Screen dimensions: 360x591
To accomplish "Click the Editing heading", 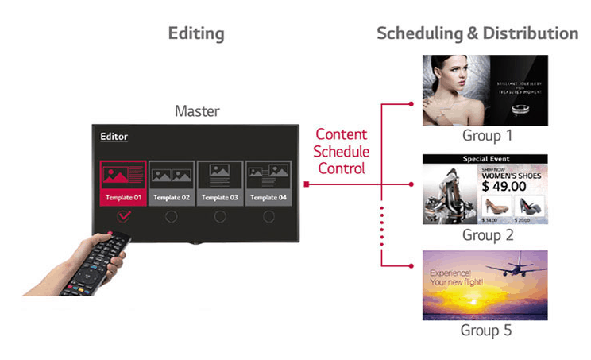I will [196, 33].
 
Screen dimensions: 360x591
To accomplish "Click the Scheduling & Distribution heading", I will [477, 33].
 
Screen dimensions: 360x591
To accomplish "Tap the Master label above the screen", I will [197, 111].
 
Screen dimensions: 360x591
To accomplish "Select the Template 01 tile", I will [123, 182].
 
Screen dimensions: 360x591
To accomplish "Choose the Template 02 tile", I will [172, 182].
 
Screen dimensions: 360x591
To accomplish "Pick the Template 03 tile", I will [220, 182].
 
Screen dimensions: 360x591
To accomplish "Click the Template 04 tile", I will [268, 182].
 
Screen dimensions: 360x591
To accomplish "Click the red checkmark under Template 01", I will [124, 216].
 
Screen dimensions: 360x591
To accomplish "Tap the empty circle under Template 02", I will [172, 216].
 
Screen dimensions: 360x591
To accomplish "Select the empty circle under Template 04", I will [268, 216].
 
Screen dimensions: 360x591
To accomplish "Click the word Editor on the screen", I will [114, 137].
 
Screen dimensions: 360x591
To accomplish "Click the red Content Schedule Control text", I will [342, 151].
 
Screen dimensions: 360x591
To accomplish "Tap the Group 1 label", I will [488, 136].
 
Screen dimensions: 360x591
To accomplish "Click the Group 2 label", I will [488, 235].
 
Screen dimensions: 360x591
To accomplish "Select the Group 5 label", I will [488, 330].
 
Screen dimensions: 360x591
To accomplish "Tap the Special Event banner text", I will [485, 159].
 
